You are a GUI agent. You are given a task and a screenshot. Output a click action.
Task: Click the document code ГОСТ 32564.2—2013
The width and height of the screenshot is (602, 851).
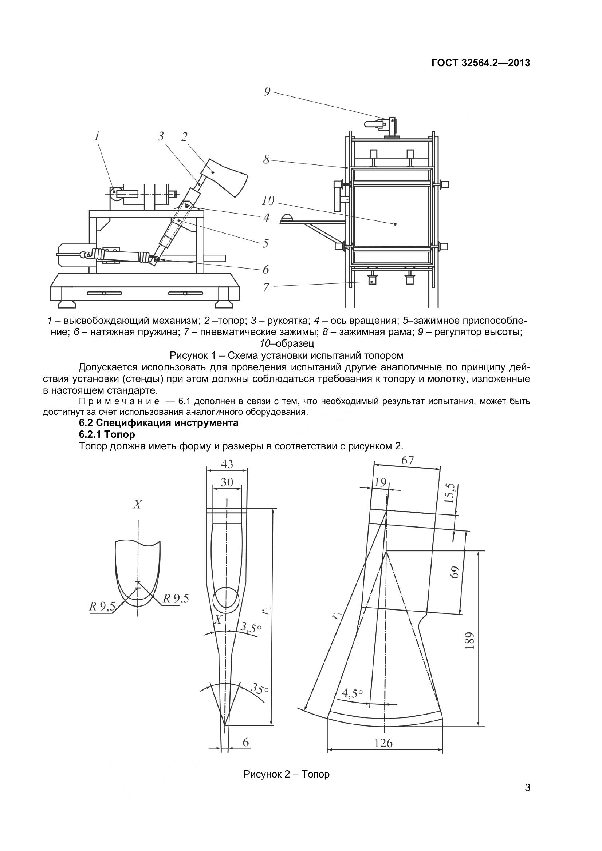point(481,63)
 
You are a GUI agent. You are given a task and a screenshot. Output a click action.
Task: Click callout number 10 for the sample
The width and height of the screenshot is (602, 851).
point(267,200)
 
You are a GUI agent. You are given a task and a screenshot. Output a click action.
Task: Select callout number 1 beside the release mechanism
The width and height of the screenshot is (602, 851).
point(97,136)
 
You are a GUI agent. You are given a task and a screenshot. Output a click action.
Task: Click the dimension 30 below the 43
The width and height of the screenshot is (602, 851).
point(227,482)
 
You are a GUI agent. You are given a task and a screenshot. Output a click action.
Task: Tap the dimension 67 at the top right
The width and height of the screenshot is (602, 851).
point(407,460)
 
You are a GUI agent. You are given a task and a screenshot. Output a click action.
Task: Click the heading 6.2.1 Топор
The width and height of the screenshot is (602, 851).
point(107,434)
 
